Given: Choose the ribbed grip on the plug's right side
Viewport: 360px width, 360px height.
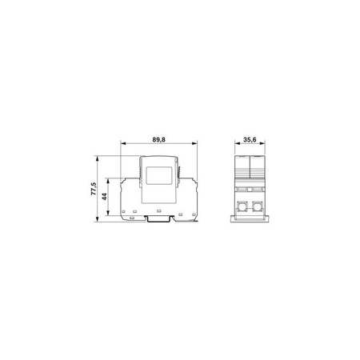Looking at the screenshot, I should [182, 170].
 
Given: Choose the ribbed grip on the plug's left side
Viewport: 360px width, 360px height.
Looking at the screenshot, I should [138, 170].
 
